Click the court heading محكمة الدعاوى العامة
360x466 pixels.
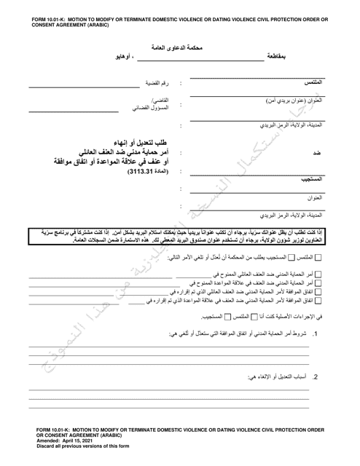179,47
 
